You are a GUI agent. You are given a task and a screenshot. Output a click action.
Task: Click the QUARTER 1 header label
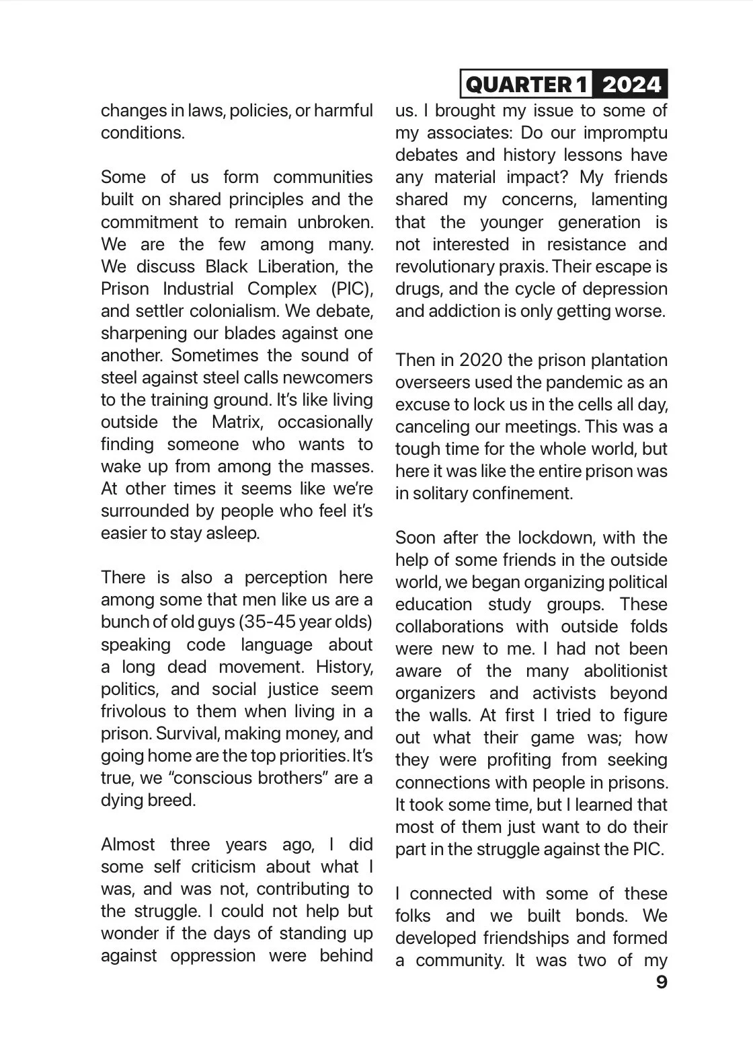pyautogui.click(x=526, y=84)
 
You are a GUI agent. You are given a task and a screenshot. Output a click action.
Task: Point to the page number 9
pyautogui.click(x=661, y=982)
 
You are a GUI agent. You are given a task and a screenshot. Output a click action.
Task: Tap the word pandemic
pyautogui.click(x=569, y=382)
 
